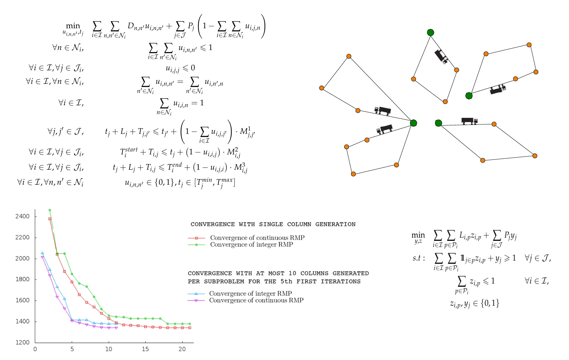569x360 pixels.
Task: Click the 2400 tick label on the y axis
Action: (22, 216)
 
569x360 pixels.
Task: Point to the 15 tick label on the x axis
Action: (145, 349)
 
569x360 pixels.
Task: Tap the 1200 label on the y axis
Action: (22, 342)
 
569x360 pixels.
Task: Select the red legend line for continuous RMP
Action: (196, 238)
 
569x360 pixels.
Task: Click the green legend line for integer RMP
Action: (196, 245)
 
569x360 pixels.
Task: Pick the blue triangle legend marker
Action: (196, 294)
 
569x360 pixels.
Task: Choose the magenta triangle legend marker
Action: (196, 300)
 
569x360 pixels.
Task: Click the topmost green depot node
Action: (430, 32)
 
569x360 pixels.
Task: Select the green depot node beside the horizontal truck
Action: (438, 123)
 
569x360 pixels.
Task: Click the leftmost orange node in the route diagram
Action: (321, 88)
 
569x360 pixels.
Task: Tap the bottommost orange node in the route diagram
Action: (353, 174)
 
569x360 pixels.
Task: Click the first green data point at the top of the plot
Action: (49, 210)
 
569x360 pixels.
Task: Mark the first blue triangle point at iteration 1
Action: (42, 253)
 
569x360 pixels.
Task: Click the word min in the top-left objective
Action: (73, 26)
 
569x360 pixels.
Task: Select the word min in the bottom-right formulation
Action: (418, 235)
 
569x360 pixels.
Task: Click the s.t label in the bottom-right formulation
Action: (419, 258)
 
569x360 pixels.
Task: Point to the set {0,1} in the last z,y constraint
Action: (490, 303)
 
